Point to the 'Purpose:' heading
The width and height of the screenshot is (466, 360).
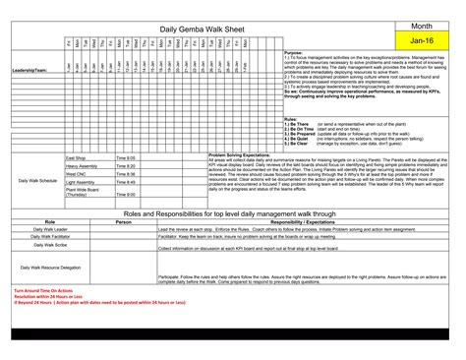click(293, 52)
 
